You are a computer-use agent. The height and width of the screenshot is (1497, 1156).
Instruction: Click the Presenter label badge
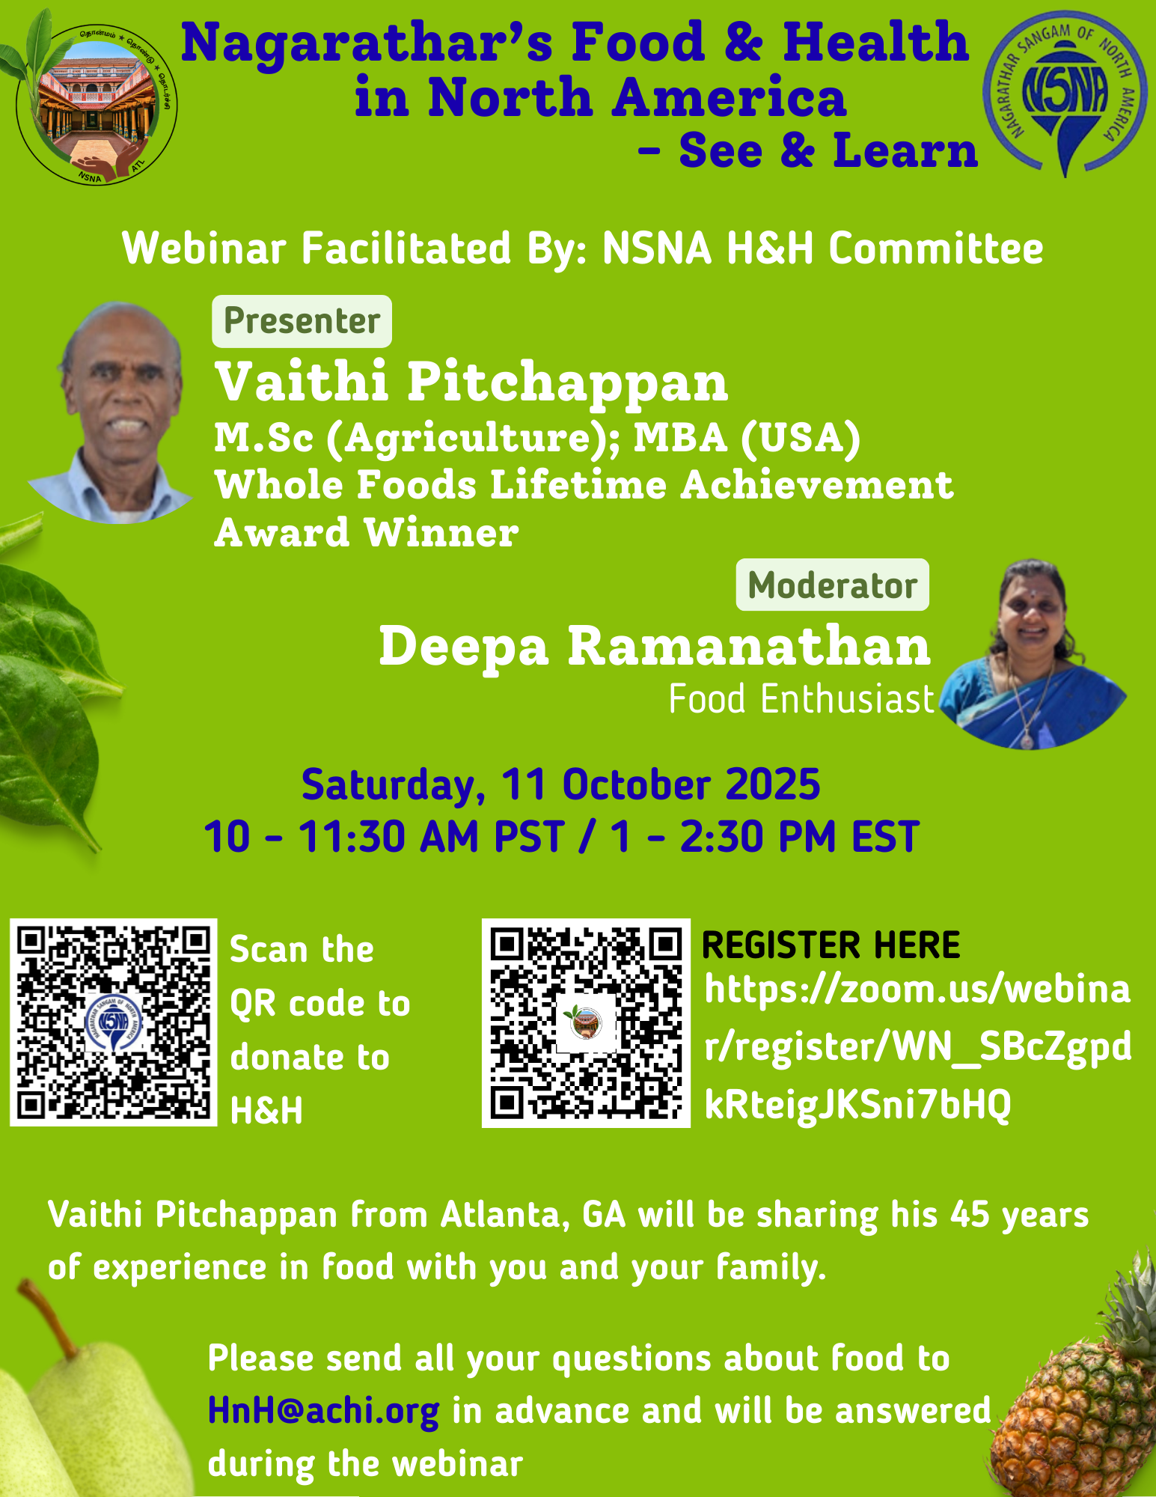(x=302, y=321)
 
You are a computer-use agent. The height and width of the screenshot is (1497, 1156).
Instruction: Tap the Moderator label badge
(x=832, y=585)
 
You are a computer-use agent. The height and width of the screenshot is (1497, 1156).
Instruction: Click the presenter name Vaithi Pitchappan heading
(x=471, y=382)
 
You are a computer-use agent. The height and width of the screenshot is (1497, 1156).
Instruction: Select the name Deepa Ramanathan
(x=655, y=645)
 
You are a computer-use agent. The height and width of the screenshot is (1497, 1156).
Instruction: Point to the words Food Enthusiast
(x=801, y=700)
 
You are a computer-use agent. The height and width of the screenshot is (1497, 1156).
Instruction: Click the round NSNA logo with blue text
(x=1065, y=92)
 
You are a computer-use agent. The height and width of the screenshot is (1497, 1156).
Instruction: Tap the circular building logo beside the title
(x=96, y=103)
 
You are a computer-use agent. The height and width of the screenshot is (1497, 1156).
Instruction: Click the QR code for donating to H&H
(x=114, y=1022)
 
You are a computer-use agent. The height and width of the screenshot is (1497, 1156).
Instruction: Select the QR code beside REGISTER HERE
(x=586, y=1023)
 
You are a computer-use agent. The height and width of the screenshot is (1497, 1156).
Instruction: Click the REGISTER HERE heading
(x=831, y=945)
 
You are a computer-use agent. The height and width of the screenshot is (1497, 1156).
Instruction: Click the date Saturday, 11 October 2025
(x=560, y=785)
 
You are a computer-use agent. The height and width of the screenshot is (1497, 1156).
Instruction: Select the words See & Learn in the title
(x=828, y=150)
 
